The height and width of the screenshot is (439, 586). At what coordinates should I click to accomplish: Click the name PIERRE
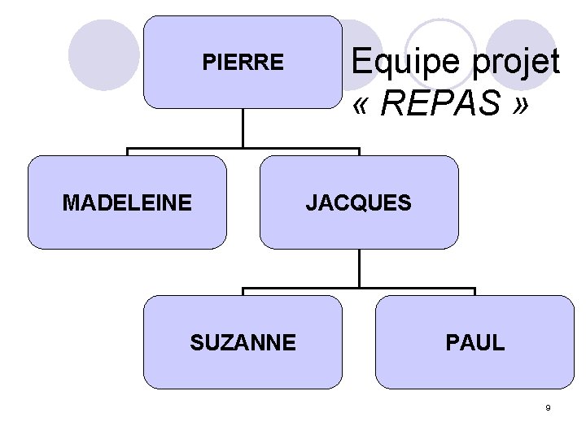tap(243, 63)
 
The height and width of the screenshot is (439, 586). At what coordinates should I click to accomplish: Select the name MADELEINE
tap(127, 202)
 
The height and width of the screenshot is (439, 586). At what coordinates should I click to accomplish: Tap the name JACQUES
tap(359, 202)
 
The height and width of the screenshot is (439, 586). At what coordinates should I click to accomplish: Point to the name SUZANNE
tap(243, 342)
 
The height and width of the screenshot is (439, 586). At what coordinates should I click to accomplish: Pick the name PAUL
tap(475, 342)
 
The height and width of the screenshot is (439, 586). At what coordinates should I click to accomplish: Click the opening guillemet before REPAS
tap(363, 105)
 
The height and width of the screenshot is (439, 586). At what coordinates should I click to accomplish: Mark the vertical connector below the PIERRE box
tap(243, 128)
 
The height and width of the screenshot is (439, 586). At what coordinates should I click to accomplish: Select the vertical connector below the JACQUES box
tap(359, 268)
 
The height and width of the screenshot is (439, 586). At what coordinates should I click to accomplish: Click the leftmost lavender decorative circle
tap(103, 55)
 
